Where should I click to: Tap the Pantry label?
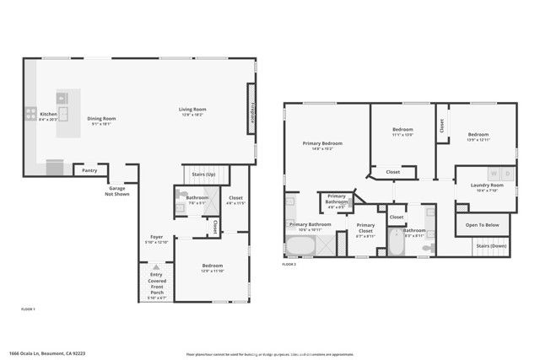[89, 170]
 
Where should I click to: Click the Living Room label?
[192, 110]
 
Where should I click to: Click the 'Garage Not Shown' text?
[116, 191]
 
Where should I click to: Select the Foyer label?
[157, 237]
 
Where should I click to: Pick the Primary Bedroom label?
[322, 143]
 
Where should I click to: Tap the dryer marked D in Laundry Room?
[506, 175]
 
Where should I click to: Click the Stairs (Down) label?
[490, 245]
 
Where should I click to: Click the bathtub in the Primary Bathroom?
[300, 247]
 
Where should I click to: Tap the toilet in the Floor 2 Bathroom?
[429, 246]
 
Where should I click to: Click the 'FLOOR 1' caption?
[28, 310]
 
